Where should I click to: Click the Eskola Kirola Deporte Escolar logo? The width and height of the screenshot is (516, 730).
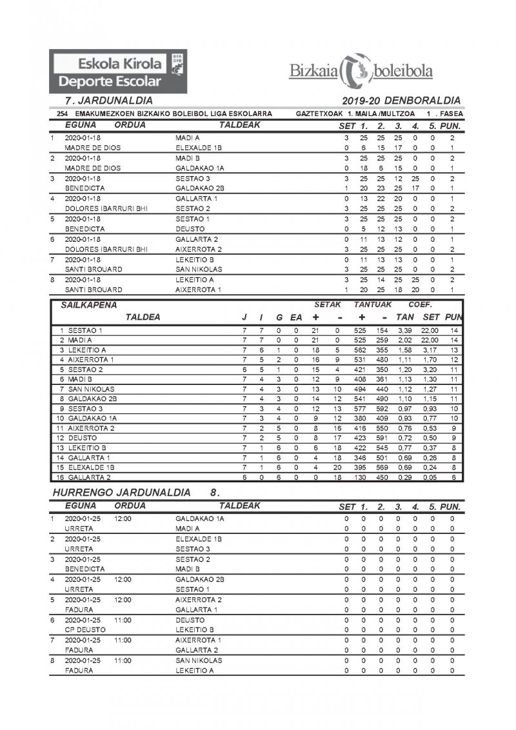119,72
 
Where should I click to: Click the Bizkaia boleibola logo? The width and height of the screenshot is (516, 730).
361,72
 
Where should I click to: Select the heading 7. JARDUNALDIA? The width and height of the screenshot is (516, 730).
109,101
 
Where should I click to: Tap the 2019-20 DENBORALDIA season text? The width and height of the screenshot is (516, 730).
402,101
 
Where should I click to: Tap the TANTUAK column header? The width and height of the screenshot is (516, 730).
373,304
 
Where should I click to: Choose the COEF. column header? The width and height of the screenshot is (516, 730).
421,304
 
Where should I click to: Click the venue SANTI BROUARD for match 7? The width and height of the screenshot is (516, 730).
94,269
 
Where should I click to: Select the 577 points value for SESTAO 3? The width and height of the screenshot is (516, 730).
362,408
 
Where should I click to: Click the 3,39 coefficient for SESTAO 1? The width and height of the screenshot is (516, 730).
405,331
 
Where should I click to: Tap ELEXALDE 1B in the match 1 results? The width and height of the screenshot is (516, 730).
199,148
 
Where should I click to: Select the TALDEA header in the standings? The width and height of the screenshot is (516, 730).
143,317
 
